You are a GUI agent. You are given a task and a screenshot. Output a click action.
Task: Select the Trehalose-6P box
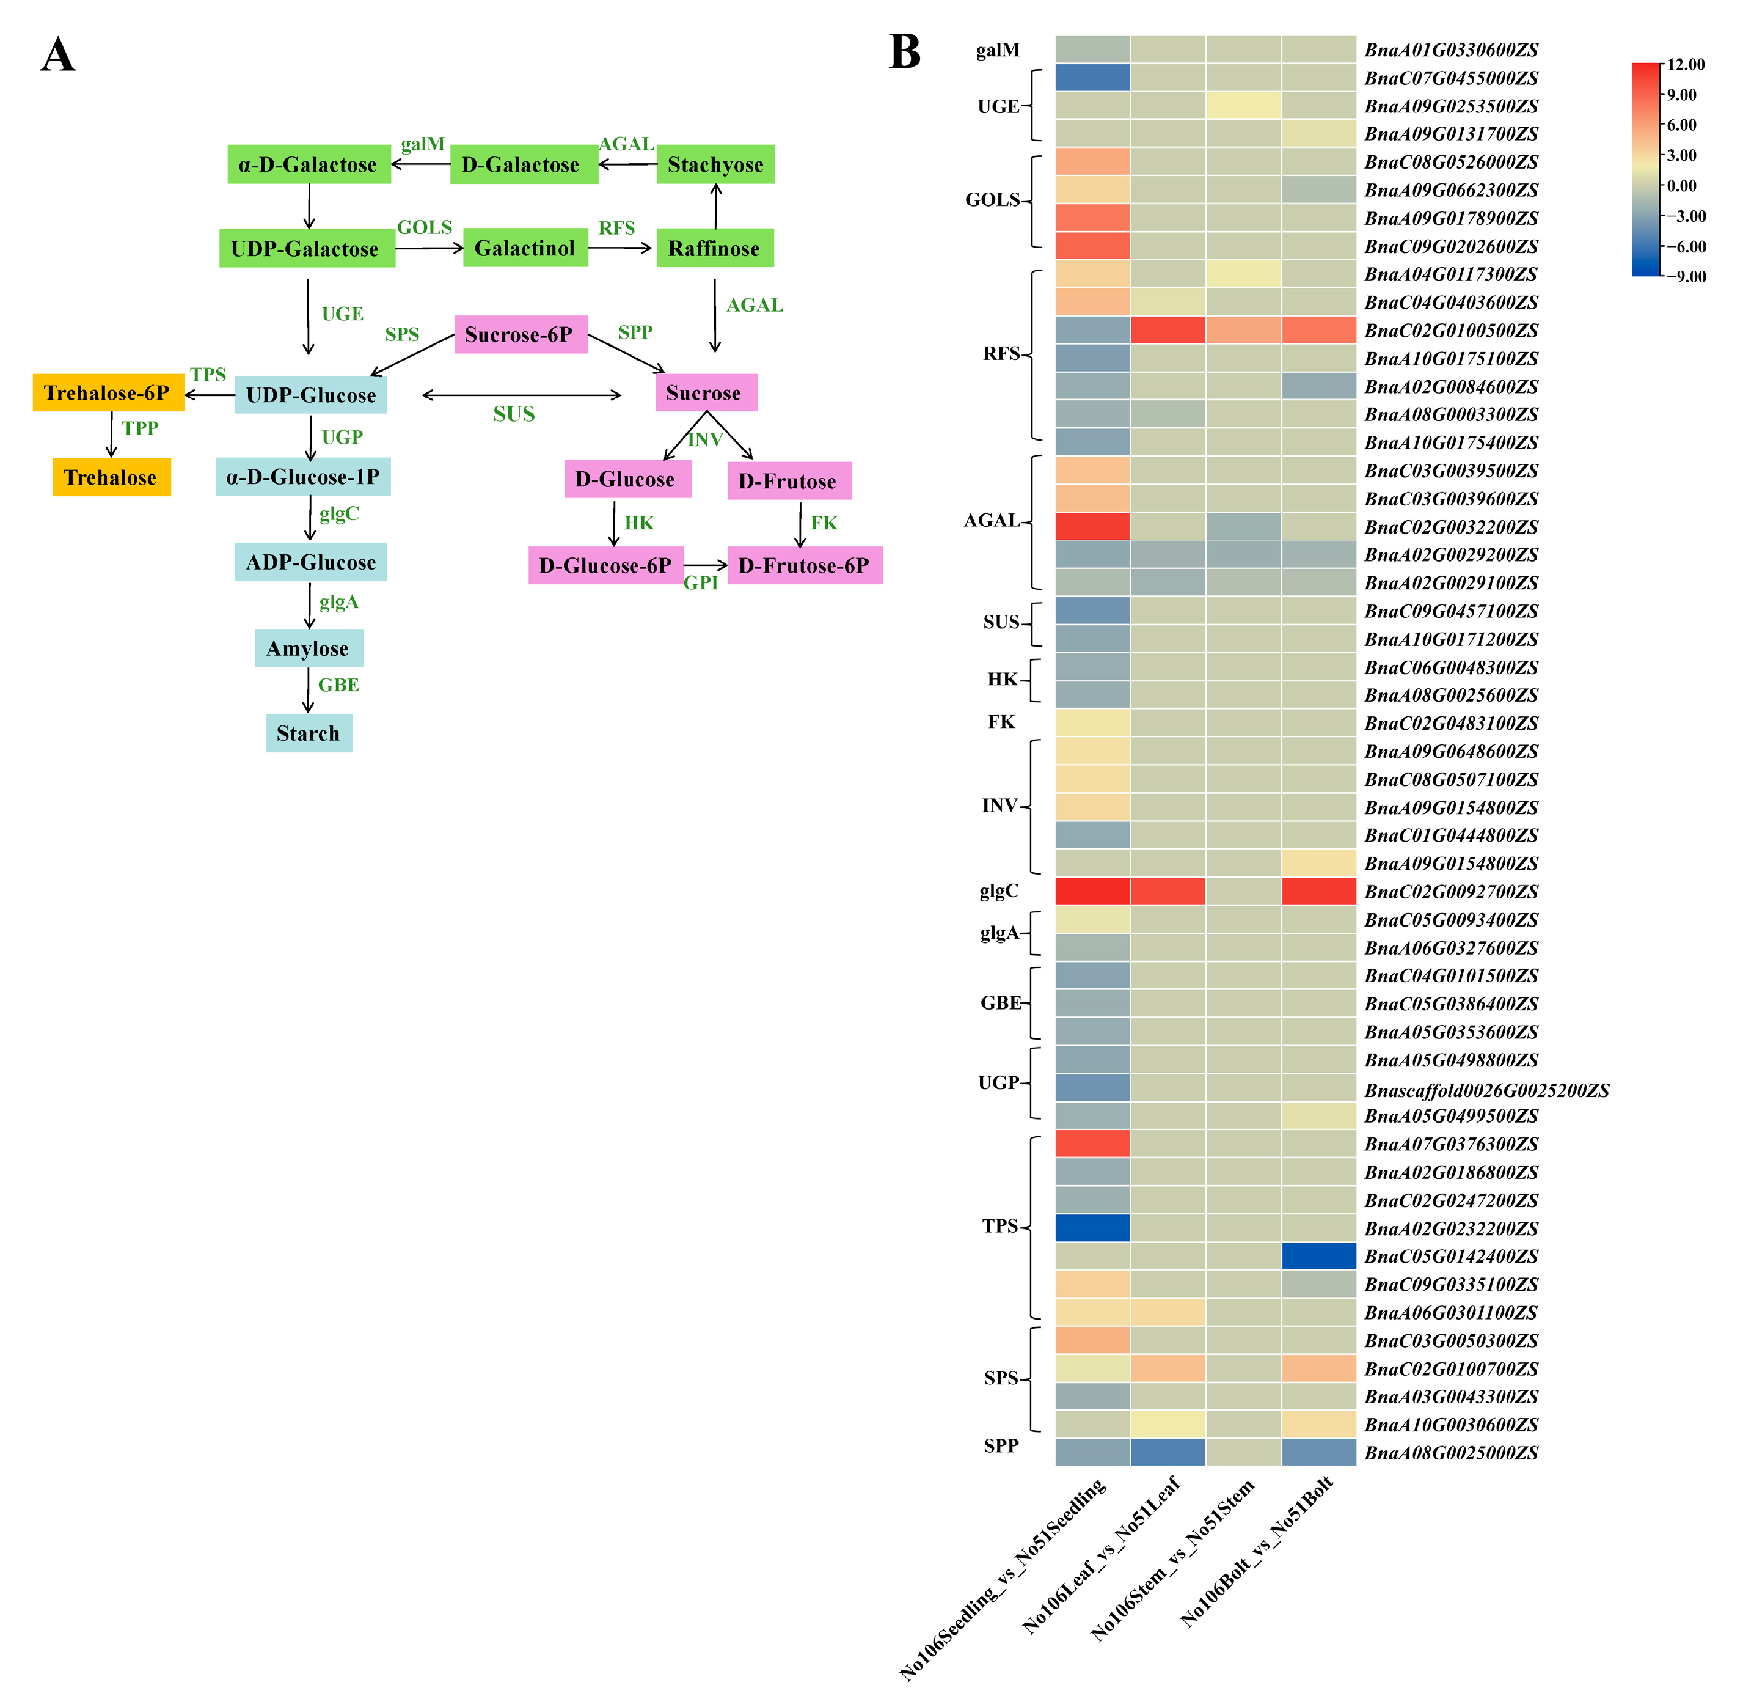[108, 393]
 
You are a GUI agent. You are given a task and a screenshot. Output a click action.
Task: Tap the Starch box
[309, 733]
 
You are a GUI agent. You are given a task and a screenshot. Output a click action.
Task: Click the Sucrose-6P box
[520, 334]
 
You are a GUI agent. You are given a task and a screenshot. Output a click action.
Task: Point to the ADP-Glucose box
[310, 562]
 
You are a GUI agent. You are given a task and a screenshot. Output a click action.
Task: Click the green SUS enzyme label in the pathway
[513, 414]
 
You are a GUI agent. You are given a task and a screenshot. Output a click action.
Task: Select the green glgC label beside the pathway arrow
[338, 514]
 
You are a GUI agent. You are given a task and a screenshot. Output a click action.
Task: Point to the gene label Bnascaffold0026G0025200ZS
[1486, 1090]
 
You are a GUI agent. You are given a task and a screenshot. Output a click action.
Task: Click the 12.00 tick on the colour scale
[1686, 65]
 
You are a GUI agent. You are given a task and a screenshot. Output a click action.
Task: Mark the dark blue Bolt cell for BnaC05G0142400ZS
[1318, 1256]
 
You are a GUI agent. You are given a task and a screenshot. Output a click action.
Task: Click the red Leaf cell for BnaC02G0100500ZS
[1167, 330]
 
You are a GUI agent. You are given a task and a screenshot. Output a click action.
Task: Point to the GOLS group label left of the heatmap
[992, 200]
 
